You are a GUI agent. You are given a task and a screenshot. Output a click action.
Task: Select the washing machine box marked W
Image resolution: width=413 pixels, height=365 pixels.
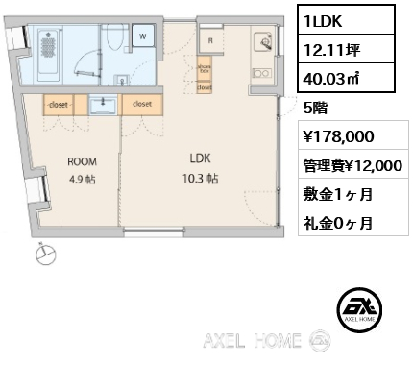pyautogui.click(x=141, y=36)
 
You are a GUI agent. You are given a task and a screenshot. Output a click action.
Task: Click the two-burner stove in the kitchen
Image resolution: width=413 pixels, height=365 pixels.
pyautogui.click(x=261, y=70)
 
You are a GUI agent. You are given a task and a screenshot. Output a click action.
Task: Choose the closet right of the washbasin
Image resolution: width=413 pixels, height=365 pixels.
pyautogui.click(x=141, y=103)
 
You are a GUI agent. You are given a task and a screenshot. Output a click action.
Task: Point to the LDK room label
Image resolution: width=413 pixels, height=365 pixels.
pyautogui.click(x=200, y=158)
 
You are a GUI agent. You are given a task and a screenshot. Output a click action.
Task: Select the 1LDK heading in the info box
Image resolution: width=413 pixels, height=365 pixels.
pyautogui.click(x=324, y=17)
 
